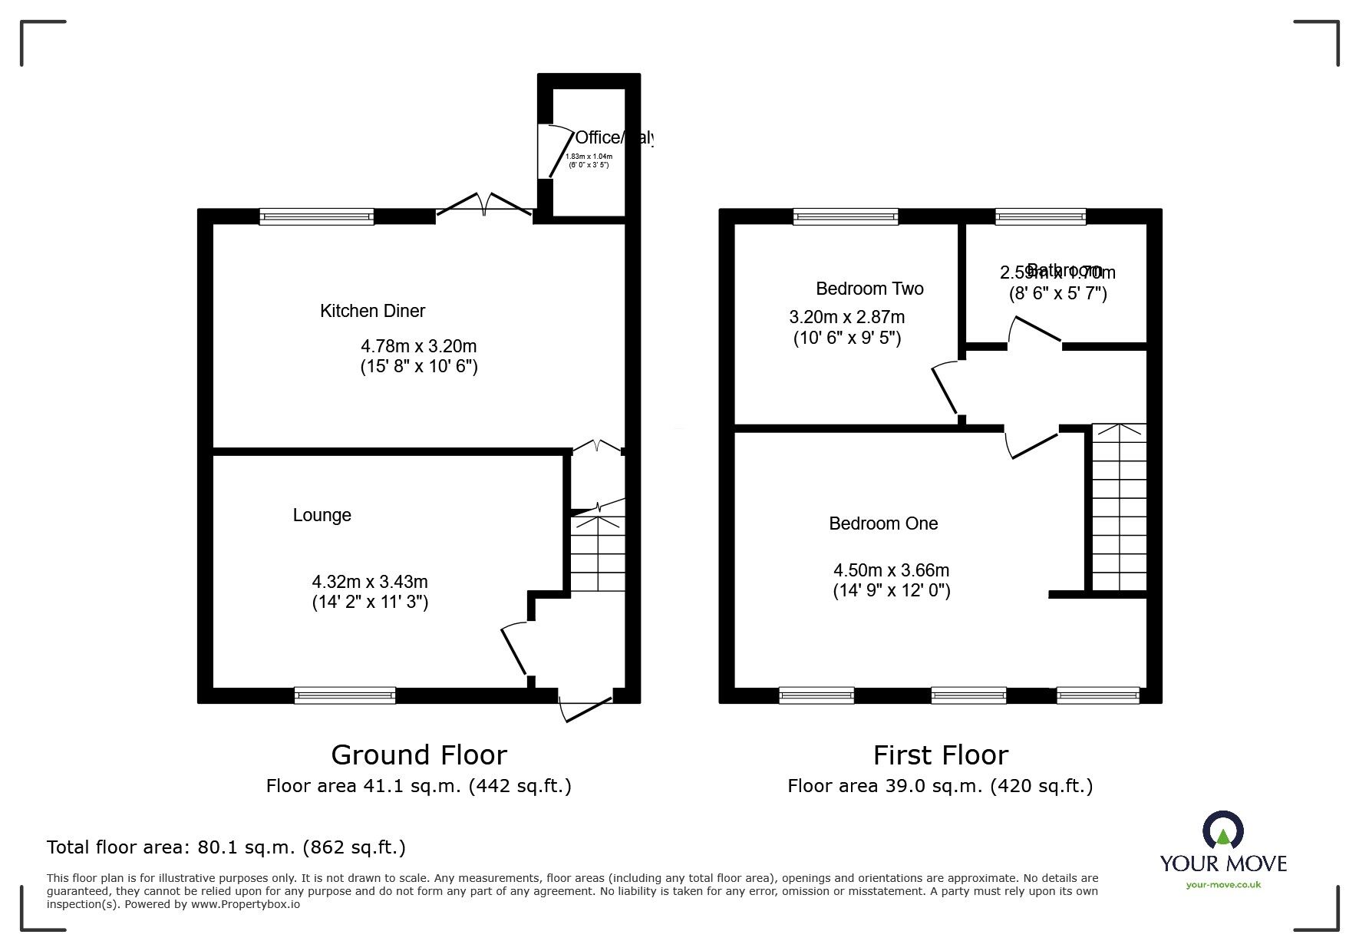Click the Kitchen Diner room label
click(x=372, y=311)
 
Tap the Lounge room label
click(x=322, y=515)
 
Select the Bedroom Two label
click(x=869, y=289)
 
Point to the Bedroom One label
click(x=882, y=523)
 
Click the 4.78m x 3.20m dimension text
click(x=418, y=347)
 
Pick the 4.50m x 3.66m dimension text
click(x=891, y=570)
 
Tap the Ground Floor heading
click(x=418, y=755)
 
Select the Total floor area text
click(x=226, y=847)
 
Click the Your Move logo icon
click(x=1222, y=832)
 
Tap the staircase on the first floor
click(x=1119, y=507)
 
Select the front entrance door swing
click(x=585, y=707)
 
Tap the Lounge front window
click(x=345, y=695)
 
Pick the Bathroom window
click(x=1040, y=217)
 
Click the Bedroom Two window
click(x=845, y=217)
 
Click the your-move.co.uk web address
click(x=1223, y=885)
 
